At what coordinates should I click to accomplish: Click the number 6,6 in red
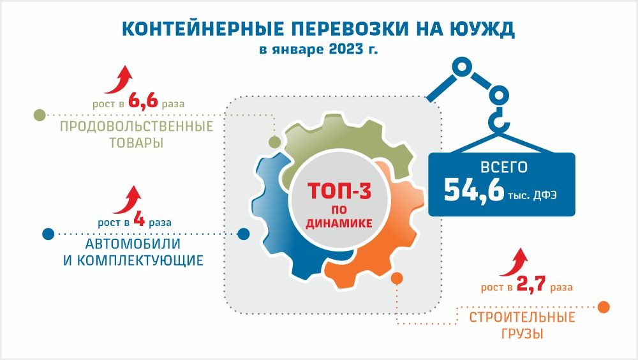pyautogui.click(x=143, y=100)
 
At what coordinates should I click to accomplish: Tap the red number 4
pyautogui.click(x=139, y=220)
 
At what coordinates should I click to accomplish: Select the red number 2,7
pyautogui.click(x=531, y=284)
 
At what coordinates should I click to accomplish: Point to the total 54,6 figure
pyautogui.click(x=474, y=191)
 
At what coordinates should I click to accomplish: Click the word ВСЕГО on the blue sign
pyautogui.click(x=504, y=167)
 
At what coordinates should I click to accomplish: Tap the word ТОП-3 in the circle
pyautogui.click(x=339, y=191)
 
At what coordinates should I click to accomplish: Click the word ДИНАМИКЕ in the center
pyautogui.click(x=339, y=223)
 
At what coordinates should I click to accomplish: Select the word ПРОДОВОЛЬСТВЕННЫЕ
pyautogui.click(x=137, y=126)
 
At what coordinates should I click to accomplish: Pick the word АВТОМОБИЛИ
pyautogui.click(x=133, y=244)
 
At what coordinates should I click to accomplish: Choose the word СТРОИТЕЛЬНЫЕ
pyautogui.click(x=522, y=317)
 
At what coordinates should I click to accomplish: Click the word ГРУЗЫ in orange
pyautogui.click(x=522, y=334)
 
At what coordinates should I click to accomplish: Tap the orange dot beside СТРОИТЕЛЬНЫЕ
pyautogui.click(x=604, y=307)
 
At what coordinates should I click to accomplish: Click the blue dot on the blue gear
pyautogui.click(x=243, y=234)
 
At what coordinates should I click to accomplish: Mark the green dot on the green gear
pyautogui.click(x=274, y=142)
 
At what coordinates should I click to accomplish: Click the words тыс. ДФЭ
pyautogui.click(x=533, y=195)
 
